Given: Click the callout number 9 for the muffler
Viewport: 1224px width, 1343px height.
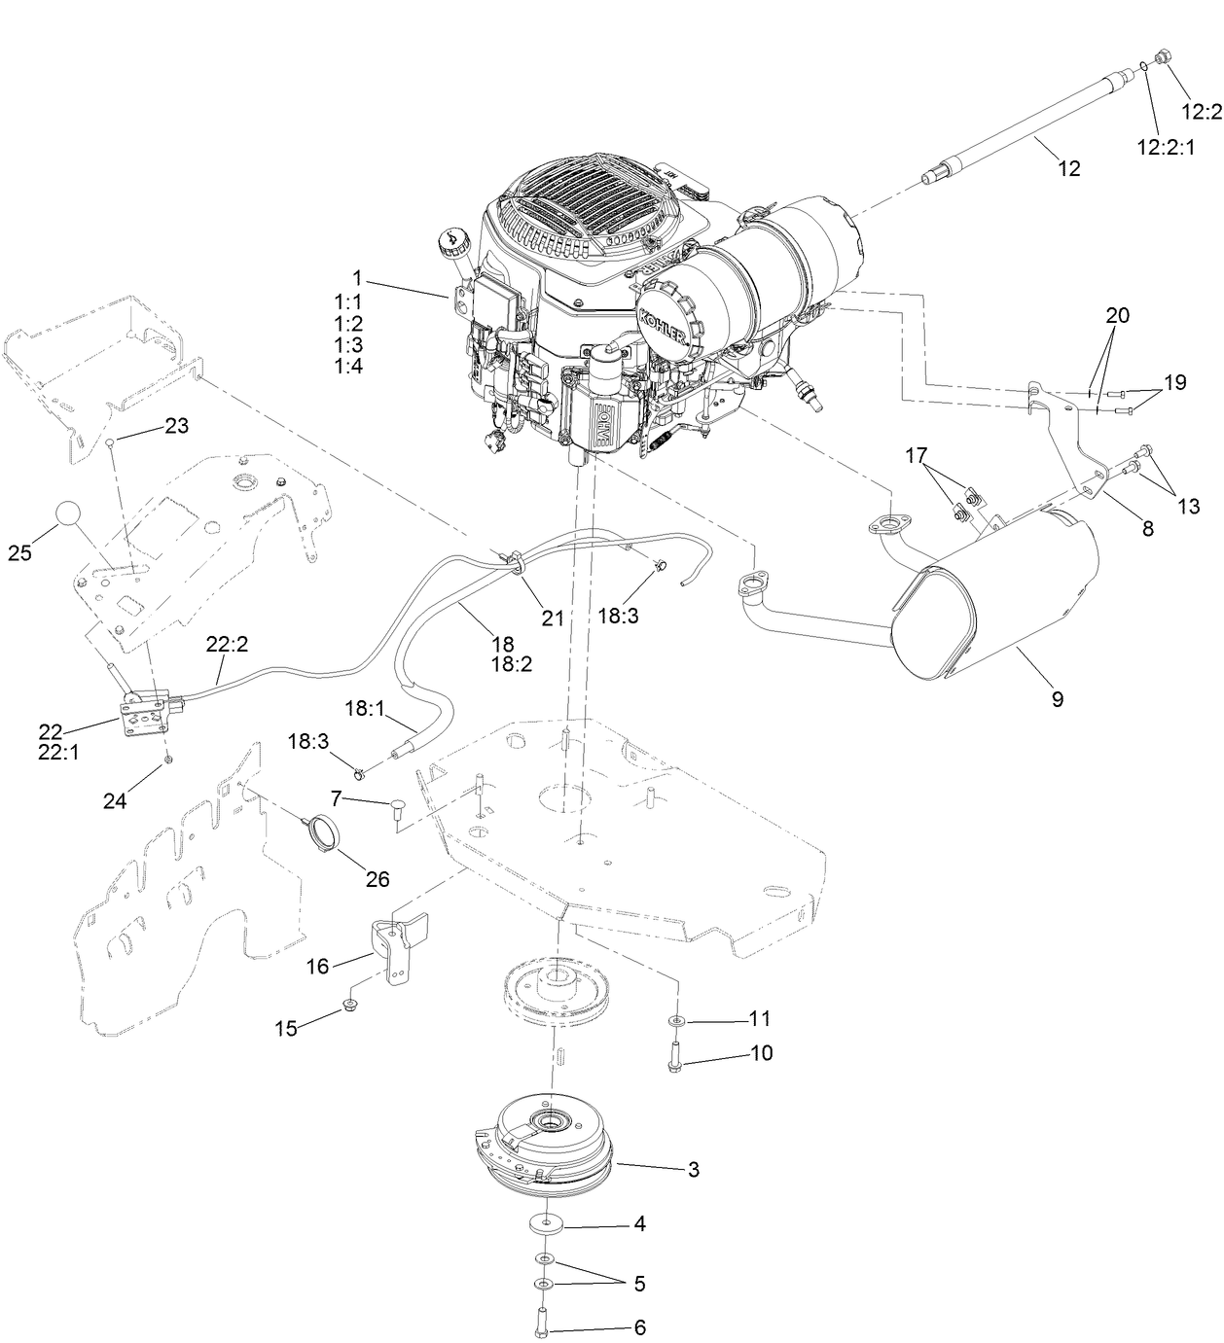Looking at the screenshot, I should (x=1058, y=699).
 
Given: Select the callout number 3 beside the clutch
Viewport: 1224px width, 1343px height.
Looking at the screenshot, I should (x=693, y=1170).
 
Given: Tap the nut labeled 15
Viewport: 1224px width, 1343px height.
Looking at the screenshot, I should (x=349, y=1007).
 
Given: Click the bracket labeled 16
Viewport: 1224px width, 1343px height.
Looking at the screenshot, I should (x=393, y=950).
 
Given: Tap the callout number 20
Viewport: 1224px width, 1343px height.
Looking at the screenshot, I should (x=1118, y=315).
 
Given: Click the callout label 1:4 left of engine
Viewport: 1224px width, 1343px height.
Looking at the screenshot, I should (x=348, y=366).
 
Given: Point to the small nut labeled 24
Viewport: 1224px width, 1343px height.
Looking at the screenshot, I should (x=168, y=758).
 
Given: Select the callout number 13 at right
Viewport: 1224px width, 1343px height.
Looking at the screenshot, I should (x=1187, y=506).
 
